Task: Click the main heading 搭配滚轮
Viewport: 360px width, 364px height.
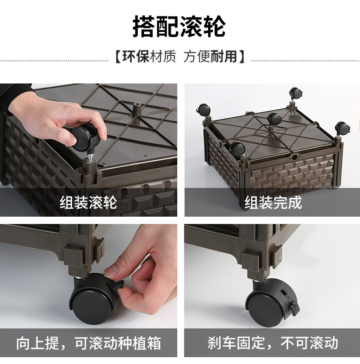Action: pos(179,26)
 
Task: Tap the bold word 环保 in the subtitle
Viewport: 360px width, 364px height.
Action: pos(135,57)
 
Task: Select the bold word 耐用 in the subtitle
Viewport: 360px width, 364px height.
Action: pos(224,57)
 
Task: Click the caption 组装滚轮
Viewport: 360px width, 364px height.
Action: pos(88,203)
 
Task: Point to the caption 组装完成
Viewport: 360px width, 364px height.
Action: pos(273,203)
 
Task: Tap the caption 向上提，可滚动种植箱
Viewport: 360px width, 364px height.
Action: pos(88,343)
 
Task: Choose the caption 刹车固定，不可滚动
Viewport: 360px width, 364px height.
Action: pos(273,343)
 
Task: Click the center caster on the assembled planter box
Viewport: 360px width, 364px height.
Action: pos(274,119)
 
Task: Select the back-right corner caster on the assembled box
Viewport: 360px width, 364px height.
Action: pos(295,93)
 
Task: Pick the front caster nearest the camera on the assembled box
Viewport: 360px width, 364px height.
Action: pos(237,149)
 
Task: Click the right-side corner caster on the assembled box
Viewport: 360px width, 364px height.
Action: pos(343,128)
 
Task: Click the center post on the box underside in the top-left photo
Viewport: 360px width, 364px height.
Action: pos(136,108)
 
